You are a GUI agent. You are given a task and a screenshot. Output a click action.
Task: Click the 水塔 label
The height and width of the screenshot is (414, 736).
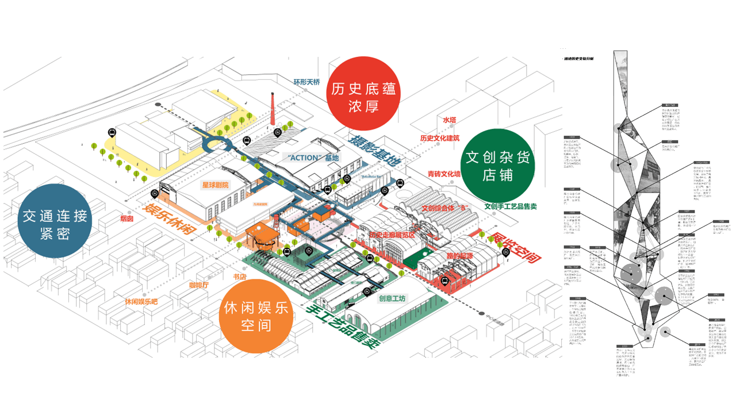tap(449, 120)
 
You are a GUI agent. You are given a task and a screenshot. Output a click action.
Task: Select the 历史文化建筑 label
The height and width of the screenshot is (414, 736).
tap(440, 138)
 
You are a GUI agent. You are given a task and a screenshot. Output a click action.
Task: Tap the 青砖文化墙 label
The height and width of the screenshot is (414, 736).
tap(444, 173)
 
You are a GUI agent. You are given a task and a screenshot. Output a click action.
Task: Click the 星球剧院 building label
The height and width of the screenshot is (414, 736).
tap(215, 185)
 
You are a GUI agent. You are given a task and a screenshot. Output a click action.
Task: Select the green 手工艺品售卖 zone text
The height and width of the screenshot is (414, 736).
tap(344, 326)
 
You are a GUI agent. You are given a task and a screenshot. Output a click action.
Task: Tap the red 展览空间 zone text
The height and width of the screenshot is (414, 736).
tap(514, 248)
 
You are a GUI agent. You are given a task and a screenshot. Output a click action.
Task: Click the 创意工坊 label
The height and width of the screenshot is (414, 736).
tap(392, 298)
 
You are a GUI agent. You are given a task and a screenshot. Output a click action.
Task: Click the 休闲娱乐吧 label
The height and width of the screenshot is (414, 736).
tap(141, 301)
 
